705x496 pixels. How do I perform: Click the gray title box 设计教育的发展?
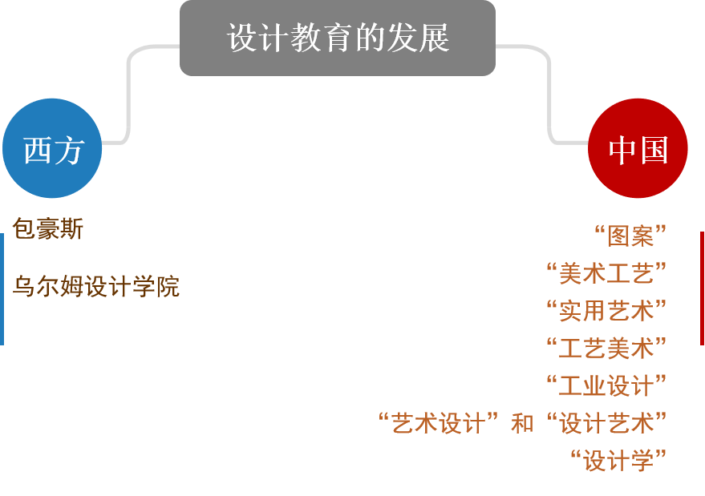tap(337, 38)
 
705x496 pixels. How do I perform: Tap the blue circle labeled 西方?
tap(52, 148)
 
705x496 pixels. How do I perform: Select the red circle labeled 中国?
tap(638, 148)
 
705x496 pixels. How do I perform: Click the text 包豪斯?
tap(47, 230)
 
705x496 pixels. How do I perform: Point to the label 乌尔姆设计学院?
tap(95, 286)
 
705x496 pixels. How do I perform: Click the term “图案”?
tap(630, 236)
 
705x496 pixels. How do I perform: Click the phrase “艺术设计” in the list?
tap(438, 423)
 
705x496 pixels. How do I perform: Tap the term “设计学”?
tap(618, 461)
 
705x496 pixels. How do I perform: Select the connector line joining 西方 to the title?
tap(128, 96)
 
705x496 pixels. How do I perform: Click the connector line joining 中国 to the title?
tap(550, 96)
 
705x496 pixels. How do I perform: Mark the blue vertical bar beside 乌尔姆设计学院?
tap(2, 288)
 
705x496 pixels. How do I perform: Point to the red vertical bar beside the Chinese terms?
tap(702, 288)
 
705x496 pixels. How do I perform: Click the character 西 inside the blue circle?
tap(37, 150)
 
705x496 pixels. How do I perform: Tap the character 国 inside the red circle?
tap(654, 150)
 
